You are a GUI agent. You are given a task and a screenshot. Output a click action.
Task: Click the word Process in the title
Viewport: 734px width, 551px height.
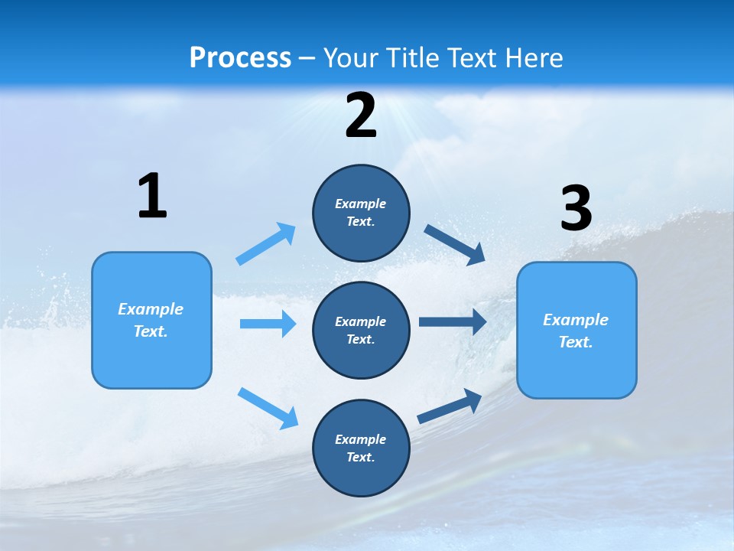coord(240,58)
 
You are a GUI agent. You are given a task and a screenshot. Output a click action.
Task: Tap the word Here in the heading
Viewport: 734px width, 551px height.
coord(531,58)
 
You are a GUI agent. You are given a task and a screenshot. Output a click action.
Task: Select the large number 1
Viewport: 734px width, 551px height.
coord(152,197)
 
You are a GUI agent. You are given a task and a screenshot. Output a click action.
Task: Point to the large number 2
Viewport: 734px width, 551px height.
coord(361,116)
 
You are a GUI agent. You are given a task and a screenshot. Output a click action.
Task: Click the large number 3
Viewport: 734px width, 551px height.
coord(576,209)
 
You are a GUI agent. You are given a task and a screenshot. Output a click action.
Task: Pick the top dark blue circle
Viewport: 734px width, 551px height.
coord(361,213)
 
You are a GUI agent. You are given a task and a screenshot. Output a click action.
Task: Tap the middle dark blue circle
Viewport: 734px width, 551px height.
coord(361,330)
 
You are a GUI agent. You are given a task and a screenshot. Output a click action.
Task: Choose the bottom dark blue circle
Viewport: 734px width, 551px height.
coord(361,448)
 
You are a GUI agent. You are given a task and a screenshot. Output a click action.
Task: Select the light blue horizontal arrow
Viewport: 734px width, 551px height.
coord(268,324)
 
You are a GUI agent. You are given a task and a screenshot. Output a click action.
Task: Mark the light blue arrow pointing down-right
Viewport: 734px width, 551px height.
coord(268,408)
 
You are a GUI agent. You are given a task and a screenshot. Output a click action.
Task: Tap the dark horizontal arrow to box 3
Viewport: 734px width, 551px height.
coord(453,321)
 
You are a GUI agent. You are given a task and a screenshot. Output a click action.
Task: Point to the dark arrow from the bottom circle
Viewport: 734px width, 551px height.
coord(450,406)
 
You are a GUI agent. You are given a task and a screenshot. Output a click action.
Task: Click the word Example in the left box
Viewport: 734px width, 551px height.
coord(151,309)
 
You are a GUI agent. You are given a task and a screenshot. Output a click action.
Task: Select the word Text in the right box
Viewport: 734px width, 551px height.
coord(575,342)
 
